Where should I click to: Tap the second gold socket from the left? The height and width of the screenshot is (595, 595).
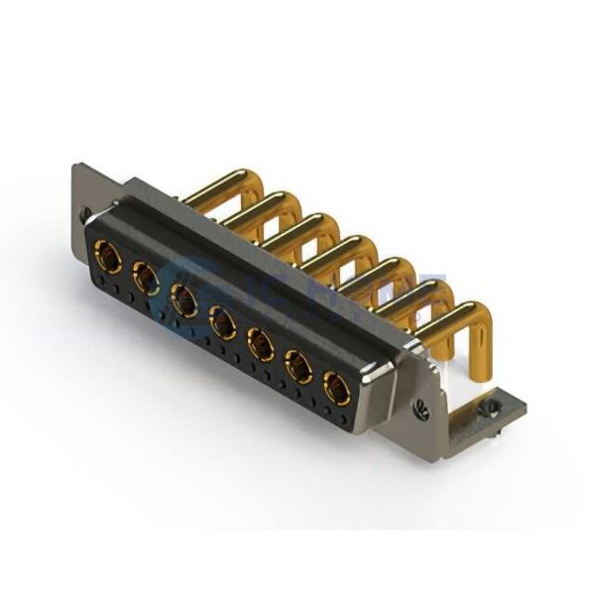tap(146, 280)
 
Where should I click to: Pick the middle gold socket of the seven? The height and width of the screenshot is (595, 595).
tap(222, 321)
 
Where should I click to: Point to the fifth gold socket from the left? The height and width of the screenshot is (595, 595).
tap(260, 344)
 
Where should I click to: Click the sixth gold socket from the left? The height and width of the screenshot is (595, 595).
tap(297, 367)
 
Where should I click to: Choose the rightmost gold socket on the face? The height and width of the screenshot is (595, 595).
tap(336, 389)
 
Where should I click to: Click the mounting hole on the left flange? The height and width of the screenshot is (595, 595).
tap(84, 213)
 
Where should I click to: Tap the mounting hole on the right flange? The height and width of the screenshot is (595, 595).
tap(423, 404)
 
